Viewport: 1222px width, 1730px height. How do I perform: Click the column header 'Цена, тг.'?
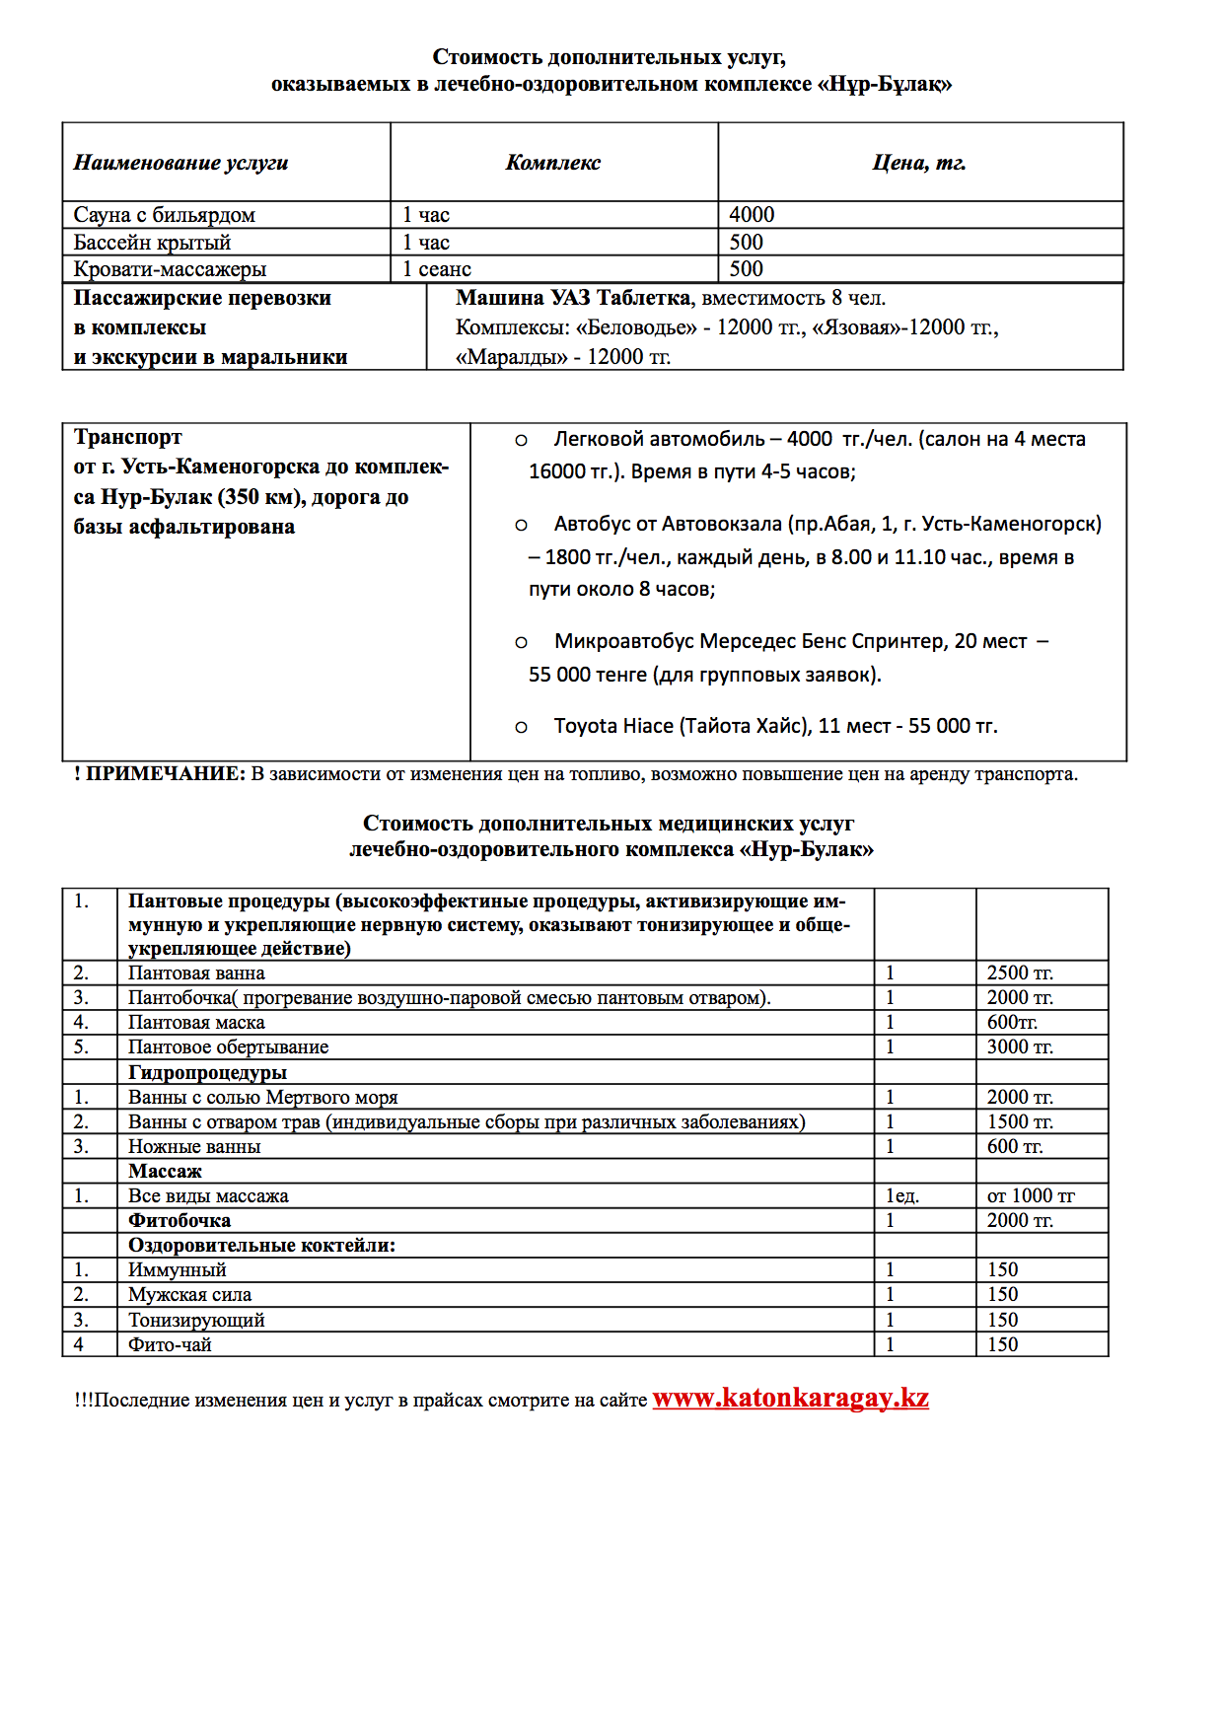click(x=918, y=163)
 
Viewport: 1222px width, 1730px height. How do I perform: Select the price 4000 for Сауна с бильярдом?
click(x=752, y=215)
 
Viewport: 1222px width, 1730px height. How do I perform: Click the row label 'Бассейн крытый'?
click(x=152, y=243)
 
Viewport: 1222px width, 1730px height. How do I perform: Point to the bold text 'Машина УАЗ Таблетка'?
click(x=573, y=298)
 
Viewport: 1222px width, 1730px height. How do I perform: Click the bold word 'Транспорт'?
click(x=127, y=437)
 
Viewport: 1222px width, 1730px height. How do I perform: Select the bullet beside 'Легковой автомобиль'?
click(x=521, y=441)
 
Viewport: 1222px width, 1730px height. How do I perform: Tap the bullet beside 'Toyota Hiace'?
click(x=521, y=728)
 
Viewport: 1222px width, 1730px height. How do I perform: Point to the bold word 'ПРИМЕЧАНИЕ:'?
click(x=165, y=774)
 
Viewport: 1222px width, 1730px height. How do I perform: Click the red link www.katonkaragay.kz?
click(x=790, y=1398)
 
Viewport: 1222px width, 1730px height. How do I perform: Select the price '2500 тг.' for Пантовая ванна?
click(x=1020, y=973)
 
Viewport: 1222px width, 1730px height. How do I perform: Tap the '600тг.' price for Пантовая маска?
click(x=1012, y=1023)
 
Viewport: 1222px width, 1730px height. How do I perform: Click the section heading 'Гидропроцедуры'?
click(x=207, y=1072)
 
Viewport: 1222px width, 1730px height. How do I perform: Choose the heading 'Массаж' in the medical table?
click(x=165, y=1171)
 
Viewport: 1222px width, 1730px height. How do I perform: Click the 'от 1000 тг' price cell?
click(x=1031, y=1196)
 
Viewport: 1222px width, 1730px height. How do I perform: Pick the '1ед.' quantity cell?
click(x=901, y=1196)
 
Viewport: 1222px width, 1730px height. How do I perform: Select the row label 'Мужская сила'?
click(x=189, y=1295)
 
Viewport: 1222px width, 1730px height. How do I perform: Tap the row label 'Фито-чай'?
click(x=170, y=1344)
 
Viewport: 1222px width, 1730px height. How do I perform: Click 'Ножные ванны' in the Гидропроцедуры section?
click(x=194, y=1147)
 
